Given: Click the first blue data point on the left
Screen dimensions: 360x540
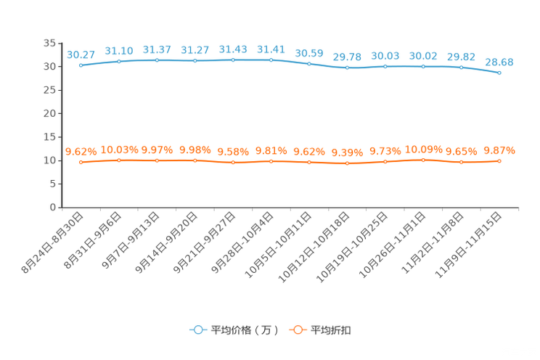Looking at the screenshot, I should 81,65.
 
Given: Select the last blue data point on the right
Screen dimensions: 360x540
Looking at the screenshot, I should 499,73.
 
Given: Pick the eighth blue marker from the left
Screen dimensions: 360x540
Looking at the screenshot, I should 348,67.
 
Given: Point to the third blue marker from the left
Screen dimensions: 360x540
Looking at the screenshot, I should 157,60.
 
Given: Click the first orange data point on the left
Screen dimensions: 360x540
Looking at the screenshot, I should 81,162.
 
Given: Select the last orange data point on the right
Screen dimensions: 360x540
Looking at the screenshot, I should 499,160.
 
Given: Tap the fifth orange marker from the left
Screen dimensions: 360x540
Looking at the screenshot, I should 233,162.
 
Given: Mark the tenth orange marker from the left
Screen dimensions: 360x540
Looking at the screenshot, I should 423,160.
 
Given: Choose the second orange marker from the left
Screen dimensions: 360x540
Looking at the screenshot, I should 119,160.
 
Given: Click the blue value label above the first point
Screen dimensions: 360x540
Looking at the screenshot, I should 81,54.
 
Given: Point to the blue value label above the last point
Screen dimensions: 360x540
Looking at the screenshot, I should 499,62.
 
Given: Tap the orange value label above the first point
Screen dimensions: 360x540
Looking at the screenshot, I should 81,151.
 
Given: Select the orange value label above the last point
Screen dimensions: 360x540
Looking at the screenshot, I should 499,150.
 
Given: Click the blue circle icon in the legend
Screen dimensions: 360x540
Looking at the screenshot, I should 197,330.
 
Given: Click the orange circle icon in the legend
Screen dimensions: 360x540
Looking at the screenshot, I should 296,330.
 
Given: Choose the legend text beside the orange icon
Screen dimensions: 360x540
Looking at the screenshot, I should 332,330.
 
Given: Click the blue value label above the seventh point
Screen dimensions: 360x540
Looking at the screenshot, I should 309,53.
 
